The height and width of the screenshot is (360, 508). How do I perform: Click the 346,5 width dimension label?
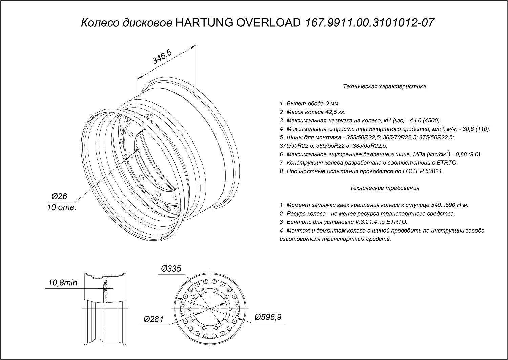(x=163, y=57)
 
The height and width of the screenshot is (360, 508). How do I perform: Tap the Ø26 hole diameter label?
(x=60, y=196)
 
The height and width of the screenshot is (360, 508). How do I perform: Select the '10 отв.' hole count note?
(x=62, y=207)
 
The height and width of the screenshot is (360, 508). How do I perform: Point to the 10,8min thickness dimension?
(x=61, y=283)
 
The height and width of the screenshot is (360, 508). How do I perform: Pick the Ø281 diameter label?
(x=153, y=319)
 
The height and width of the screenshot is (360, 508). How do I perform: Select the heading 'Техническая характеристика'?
(x=384, y=87)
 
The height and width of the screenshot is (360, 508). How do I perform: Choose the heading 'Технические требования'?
(x=384, y=188)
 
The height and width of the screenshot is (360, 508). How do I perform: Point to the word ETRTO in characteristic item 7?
(x=449, y=163)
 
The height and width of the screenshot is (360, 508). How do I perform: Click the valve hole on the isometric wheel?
(x=149, y=117)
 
